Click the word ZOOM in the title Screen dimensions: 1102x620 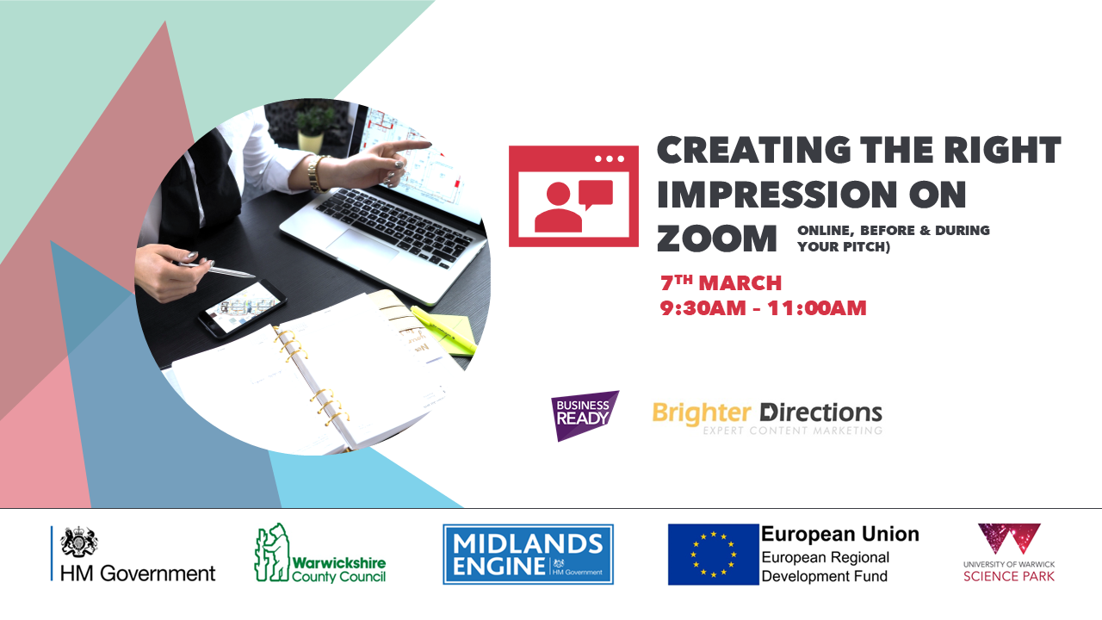click(x=717, y=239)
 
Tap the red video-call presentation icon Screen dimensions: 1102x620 click(x=573, y=196)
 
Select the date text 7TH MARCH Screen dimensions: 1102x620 click(x=721, y=283)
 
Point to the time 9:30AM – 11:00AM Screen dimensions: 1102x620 click(x=763, y=308)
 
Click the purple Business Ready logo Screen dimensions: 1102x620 click(x=585, y=415)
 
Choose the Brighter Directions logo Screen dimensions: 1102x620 click(x=767, y=418)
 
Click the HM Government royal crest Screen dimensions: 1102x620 click(x=78, y=542)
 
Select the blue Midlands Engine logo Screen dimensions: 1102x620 click(x=528, y=555)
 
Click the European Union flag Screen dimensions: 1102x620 click(x=713, y=555)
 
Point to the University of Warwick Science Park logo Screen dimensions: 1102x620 click(x=1009, y=553)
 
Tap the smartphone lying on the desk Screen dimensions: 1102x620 click(x=242, y=308)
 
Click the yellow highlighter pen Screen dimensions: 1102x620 click(x=443, y=329)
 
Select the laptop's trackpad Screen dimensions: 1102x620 click(x=364, y=244)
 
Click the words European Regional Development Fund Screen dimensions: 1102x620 click(x=825, y=567)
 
